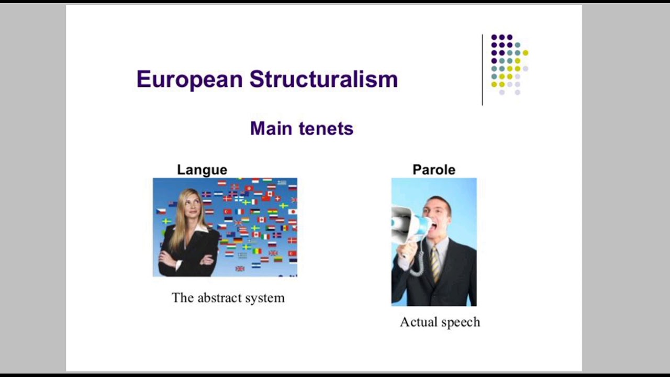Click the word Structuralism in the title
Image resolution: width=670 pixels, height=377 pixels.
pos(323,80)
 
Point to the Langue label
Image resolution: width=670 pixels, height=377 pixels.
pos(202,170)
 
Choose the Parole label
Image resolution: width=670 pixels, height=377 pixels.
pos(434,170)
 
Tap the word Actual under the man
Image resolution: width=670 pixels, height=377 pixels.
pos(417,322)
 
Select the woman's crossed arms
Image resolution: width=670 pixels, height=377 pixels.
pos(188,258)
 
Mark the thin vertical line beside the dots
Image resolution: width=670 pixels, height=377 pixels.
pos(482,70)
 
